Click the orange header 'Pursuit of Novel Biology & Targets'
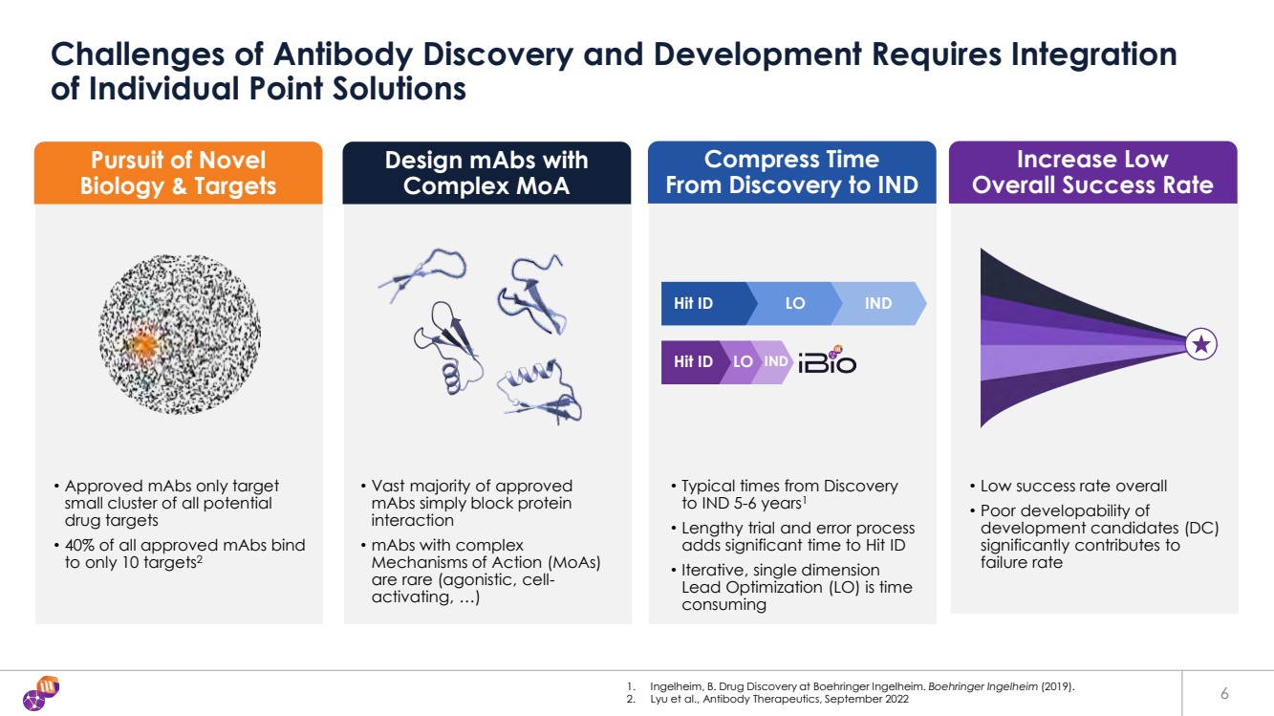179,173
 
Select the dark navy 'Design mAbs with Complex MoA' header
486,173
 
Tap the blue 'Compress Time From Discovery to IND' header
791,173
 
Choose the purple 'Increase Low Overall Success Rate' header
1092,173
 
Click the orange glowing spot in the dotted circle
143,341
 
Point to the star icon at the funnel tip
1201,345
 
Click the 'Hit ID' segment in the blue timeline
695,304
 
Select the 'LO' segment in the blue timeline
794,304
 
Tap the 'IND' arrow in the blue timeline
878,304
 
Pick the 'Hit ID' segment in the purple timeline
693,362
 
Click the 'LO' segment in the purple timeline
743,362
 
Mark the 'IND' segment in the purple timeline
775,362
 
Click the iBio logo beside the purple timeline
827,360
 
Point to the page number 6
1225,693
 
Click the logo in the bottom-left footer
42,692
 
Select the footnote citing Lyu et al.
773,700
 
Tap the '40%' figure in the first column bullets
81,545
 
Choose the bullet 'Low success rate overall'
1073,486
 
